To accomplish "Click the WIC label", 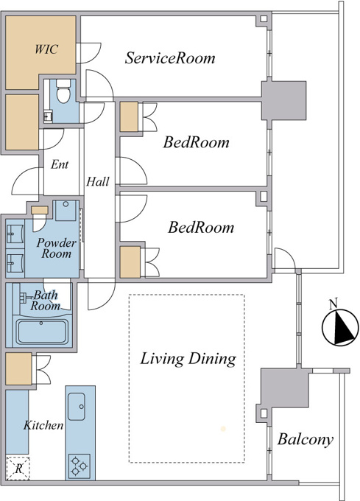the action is (x=46, y=49).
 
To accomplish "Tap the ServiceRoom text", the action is (x=170, y=57).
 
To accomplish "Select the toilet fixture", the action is (x=63, y=91).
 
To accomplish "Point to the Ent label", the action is (x=60, y=164).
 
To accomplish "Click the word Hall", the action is (x=98, y=181).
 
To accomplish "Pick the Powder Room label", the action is (x=56, y=248).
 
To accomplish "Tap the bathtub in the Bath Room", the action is (x=42, y=332).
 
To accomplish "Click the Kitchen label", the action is (x=43, y=425).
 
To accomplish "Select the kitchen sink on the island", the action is (x=77, y=407).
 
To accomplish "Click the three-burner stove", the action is (x=80, y=466).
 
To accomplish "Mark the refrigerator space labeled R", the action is (x=18, y=469).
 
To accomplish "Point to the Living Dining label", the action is (x=188, y=359).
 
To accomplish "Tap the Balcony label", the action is (x=306, y=440).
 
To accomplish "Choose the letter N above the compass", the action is (x=333, y=304).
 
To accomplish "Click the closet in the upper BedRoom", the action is (x=129, y=116).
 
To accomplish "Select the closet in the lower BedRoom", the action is (x=130, y=262).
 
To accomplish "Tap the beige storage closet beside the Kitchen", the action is (x=19, y=368).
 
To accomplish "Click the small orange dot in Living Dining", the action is (x=223, y=429).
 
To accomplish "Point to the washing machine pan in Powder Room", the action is (x=66, y=211).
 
